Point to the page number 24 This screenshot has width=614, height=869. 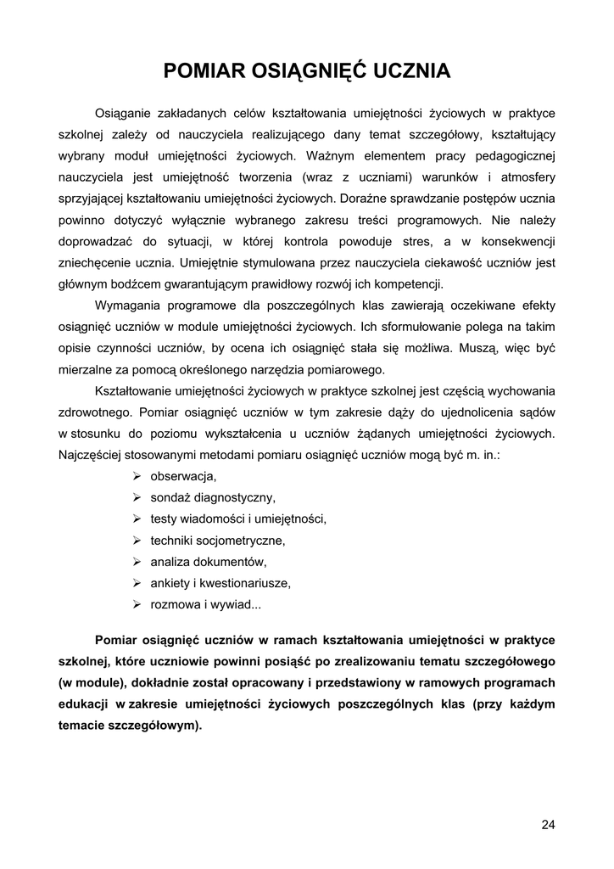[x=548, y=824]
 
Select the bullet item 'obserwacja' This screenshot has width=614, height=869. [x=183, y=476]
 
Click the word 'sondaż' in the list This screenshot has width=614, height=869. [x=171, y=497]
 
